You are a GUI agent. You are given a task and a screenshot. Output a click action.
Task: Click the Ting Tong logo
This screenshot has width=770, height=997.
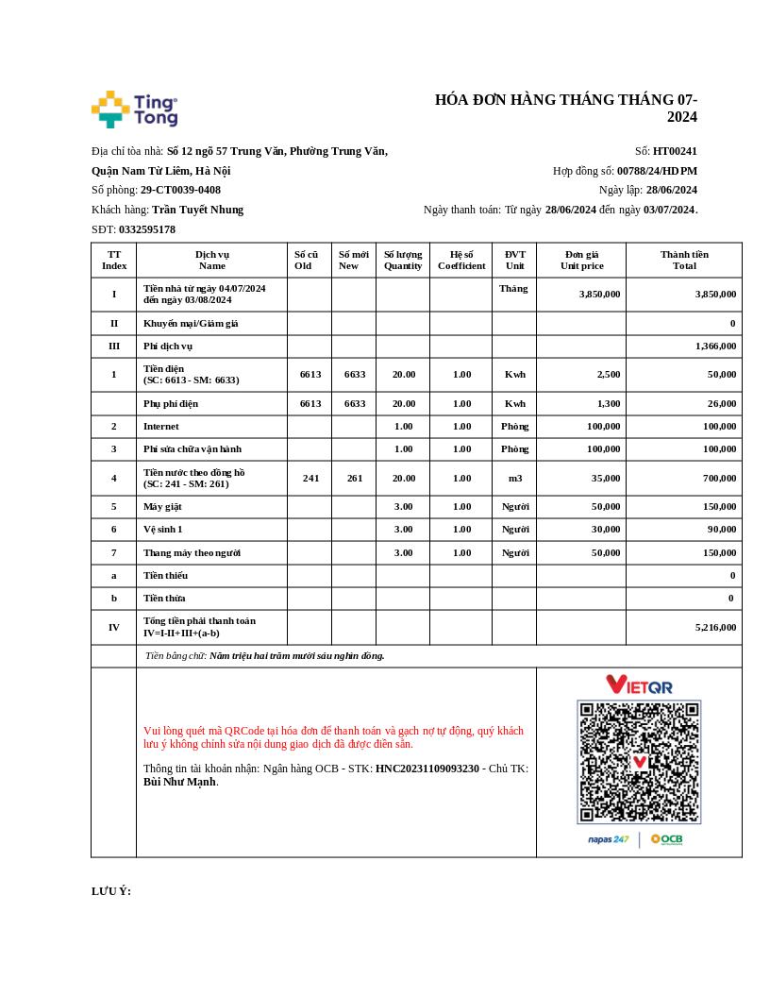coord(134,110)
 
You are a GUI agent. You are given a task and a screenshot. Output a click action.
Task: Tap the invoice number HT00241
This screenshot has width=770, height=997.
coord(675,151)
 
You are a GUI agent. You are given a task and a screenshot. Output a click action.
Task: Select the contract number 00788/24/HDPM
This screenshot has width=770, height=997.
coord(657,171)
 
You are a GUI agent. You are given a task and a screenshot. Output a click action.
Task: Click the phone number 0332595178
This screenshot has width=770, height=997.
coord(147,229)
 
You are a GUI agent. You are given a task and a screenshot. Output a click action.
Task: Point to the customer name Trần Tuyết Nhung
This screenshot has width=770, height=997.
coord(197,210)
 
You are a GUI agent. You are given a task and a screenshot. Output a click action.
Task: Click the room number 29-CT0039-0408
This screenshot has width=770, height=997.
coord(180,190)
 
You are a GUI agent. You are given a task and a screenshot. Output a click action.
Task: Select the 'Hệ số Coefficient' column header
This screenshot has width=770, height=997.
coord(461,260)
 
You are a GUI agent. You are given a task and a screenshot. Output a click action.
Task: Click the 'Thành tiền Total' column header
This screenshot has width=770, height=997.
coord(684,260)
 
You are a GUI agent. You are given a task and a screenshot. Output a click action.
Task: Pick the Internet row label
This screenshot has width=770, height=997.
coord(160,427)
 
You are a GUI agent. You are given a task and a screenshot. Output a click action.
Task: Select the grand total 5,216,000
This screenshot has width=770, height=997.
coord(715,627)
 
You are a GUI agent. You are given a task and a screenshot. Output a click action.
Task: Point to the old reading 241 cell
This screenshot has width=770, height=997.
coord(310,479)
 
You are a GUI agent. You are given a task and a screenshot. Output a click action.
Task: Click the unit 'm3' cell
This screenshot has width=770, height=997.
coord(514,479)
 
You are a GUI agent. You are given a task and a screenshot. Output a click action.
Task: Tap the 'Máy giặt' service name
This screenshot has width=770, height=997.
coord(162,507)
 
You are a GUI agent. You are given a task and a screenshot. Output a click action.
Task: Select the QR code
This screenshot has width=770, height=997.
coord(639,762)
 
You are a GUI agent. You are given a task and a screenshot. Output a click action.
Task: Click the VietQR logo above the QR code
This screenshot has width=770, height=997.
coord(639,684)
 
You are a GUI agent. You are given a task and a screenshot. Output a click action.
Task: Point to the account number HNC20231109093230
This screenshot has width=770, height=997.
coord(427,769)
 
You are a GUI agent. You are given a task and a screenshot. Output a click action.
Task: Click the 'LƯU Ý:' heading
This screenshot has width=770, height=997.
coord(111,891)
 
